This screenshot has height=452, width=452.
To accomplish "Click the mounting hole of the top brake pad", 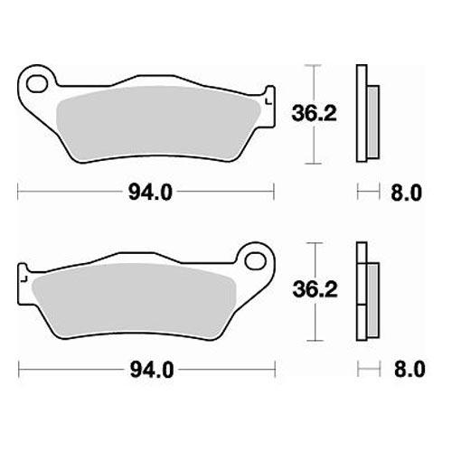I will [x=37, y=87].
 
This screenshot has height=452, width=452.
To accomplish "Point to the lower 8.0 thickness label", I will [x=405, y=368].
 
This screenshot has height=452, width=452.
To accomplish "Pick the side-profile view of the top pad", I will [x=364, y=115].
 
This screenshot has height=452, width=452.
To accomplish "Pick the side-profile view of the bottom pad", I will [x=364, y=291].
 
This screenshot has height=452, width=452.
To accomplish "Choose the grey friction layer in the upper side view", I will [x=372, y=115].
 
